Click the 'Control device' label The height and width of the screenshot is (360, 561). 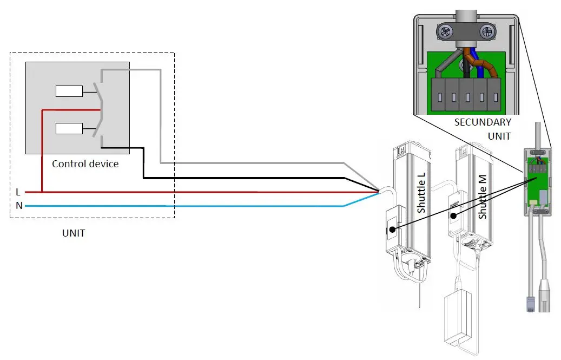(85, 163)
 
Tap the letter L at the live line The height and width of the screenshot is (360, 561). (18, 192)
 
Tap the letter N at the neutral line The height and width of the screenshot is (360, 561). (19, 206)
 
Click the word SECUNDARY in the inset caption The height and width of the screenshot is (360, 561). (482, 122)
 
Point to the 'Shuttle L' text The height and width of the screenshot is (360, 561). (422, 193)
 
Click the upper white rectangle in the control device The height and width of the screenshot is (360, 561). (69, 91)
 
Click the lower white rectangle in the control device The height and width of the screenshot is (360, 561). (69, 128)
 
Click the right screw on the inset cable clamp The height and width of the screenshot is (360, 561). (487, 32)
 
